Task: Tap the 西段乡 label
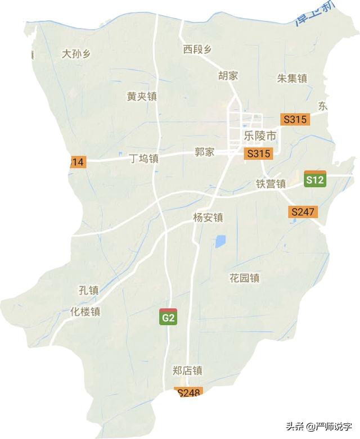pyautogui.click(x=197, y=49)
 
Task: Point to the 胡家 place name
pyautogui.click(x=228, y=76)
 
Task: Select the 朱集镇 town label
pyautogui.click(x=292, y=79)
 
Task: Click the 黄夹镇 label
pyautogui.click(x=141, y=97)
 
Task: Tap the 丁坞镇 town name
pyautogui.click(x=143, y=159)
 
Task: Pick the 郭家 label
pyautogui.click(x=205, y=152)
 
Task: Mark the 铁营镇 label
pyautogui.click(x=271, y=184)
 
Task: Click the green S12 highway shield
pyautogui.click(x=315, y=179)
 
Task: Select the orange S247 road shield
pyautogui.click(x=304, y=212)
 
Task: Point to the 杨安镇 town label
pyautogui.click(x=208, y=218)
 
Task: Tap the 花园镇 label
pyautogui.click(x=244, y=278)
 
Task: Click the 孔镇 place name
pyautogui.click(x=88, y=291)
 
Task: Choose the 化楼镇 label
pyautogui.click(x=85, y=311)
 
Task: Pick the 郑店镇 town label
pyautogui.click(x=186, y=371)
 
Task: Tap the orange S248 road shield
pyautogui.click(x=189, y=393)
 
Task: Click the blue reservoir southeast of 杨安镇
pyautogui.click(x=220, y=242)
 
